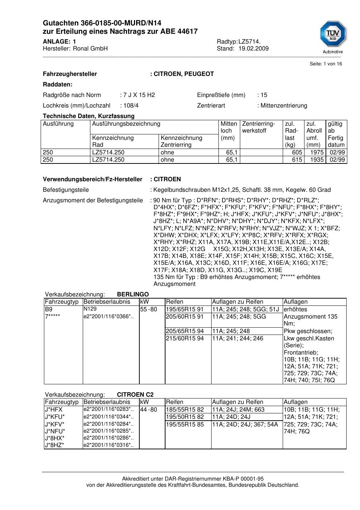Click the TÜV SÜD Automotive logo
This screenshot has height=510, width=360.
332,37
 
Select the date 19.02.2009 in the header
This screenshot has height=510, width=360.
253,49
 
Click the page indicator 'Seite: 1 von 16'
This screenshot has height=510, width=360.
326,64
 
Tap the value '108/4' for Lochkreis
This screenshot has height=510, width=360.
131,106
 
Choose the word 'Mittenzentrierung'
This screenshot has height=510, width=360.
283,106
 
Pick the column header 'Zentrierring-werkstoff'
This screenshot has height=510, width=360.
258,127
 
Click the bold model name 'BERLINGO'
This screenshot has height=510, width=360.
133,295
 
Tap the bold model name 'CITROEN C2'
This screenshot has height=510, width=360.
135,395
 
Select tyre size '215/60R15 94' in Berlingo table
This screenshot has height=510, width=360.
185,339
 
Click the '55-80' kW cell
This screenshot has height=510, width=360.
149,309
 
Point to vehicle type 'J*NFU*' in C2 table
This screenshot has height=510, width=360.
55,431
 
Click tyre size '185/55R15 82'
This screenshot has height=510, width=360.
185,410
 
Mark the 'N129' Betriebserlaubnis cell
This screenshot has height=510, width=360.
90,309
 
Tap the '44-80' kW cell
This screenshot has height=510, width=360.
149,410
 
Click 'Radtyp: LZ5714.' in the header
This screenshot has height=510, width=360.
238,42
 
